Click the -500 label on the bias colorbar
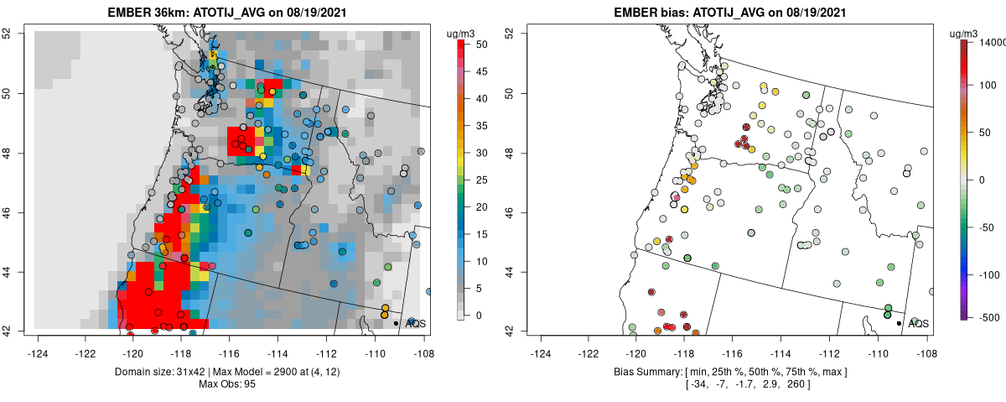tap(992, 317)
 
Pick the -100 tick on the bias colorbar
tap(992, 274)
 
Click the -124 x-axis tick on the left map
tap(37, 344)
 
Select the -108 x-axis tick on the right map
tap(926, 344)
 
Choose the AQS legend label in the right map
tap(919, 323)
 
